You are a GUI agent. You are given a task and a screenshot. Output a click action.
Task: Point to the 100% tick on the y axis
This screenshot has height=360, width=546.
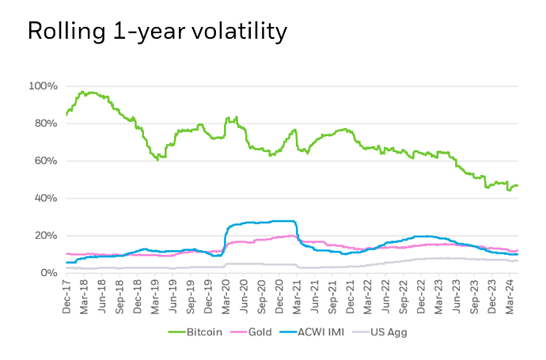(44, 85)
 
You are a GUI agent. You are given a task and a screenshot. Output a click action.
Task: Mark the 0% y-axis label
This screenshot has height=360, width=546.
(48, 273)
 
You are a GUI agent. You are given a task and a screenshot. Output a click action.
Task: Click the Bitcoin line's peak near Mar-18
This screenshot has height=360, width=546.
(82, 92)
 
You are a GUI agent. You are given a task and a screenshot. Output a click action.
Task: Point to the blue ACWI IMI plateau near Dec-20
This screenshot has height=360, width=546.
(277, 221)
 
